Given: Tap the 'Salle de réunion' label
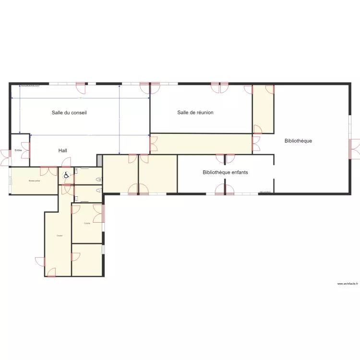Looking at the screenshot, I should [195, 113].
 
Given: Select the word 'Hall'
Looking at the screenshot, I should [63, 151].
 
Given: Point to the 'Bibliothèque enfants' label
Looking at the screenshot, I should [225, 172].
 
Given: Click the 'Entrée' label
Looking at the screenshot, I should [18, 150].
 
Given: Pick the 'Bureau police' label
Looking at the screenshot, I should [34, 181].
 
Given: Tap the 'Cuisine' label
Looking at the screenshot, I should [87, 224].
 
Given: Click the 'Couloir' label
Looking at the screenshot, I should [59, 235].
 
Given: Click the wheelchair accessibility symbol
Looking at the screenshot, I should [65, 175].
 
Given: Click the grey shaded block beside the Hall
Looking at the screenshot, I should [99, 160].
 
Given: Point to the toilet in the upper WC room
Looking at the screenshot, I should [99, 179].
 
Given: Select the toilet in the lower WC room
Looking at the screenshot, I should [99, 191].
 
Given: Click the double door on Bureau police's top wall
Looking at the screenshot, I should [48, 169].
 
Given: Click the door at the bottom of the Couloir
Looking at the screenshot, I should [51, 273].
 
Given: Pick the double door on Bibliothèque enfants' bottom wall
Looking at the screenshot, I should [225, 190].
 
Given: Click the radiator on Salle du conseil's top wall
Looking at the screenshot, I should [30, 85].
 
